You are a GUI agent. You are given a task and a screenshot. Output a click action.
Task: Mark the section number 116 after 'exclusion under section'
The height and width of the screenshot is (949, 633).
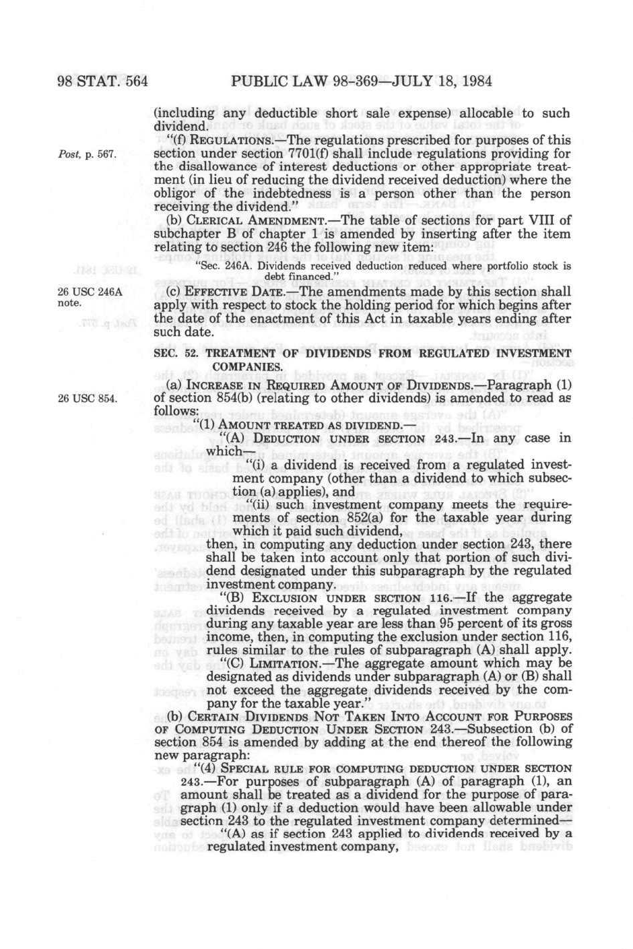tap(560, 638)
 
